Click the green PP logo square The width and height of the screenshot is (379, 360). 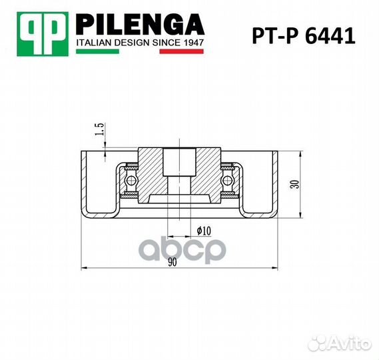click(43, 34)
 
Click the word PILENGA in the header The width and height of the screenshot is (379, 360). click(141, 25)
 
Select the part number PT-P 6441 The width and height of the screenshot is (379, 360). click(304, 36)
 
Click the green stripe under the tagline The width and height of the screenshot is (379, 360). click(97, 51)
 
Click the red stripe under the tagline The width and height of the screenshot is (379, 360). click(182, 51)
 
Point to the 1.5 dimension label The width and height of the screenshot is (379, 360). click(99, 129)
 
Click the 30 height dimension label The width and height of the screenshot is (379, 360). click(295, 185)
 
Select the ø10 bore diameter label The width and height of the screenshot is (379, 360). click(204, 231)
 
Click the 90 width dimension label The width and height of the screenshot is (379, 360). click(173, 262)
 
